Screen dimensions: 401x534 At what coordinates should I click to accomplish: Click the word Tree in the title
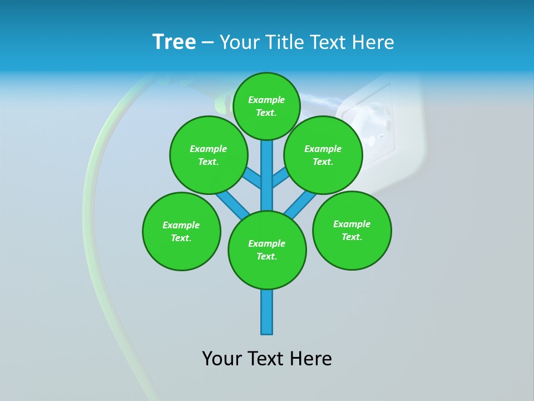coord(174,42)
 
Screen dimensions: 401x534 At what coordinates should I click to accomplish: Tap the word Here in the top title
coord(373,42)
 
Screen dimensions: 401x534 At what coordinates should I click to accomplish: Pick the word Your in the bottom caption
coord(222,359)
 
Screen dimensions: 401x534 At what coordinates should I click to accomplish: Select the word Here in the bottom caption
coord(311,359)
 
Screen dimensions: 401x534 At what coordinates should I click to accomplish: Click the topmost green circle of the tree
coord(266,106)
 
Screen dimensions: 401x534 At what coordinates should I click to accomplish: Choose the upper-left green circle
coord(209,155)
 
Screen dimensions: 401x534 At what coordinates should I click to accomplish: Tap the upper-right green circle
coord(323,155)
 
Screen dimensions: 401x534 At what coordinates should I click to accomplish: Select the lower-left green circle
coord(181,231)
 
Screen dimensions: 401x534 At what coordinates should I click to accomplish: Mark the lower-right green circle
coord(352,230)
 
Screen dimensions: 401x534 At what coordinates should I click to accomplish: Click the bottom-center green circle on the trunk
coord(267,250)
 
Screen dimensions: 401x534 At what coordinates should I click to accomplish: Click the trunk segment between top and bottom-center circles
coord(267,175)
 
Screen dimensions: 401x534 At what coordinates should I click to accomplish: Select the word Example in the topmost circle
coord(266,100)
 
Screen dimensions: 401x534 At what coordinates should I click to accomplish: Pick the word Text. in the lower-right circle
coord(352,237)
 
